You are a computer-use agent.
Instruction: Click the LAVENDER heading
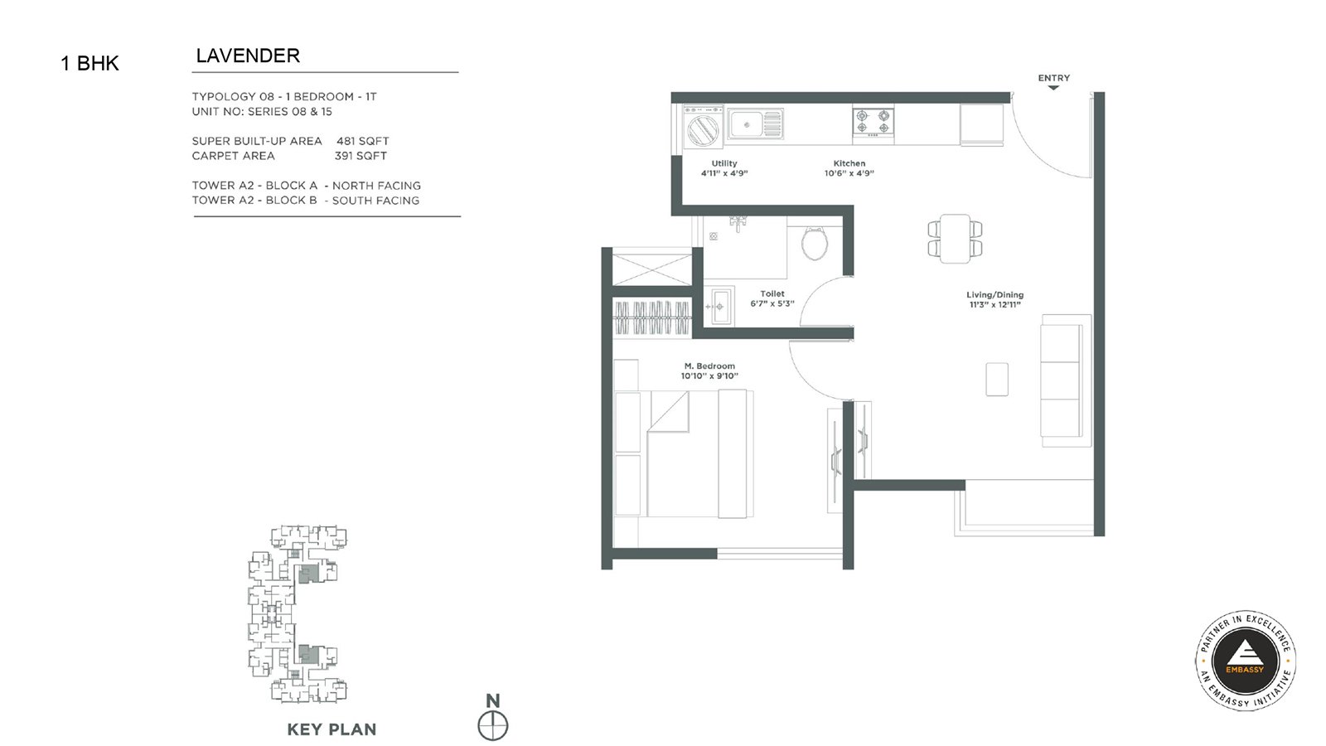coord(248,56)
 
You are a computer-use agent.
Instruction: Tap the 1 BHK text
coord(90,63)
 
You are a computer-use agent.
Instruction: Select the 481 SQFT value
coord(363,141)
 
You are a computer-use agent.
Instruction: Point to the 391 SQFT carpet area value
coord(361,156)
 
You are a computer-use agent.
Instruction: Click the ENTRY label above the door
coord(1053,78)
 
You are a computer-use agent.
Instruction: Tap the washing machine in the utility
coord(704,126)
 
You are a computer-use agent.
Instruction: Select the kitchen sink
coord(755,124)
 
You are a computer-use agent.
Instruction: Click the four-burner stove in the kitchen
coord(874,124)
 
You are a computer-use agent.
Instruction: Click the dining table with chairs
coord(955,239)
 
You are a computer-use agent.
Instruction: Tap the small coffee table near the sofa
coord(997,379)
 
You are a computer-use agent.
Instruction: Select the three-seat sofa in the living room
coord(1066,380)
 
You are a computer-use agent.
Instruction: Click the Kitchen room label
coord(849,163)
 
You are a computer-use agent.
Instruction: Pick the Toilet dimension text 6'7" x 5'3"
coord(772,303)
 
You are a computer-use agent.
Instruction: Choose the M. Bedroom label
coord(709,366)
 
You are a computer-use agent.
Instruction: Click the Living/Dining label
coord(995,295)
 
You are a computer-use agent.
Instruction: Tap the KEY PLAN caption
coord(331,729)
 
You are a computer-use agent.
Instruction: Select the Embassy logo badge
coord(1245,660)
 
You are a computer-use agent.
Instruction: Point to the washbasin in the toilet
coord(720,306)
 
